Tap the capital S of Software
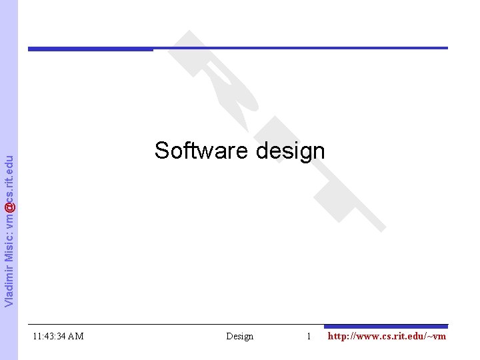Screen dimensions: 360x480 161,151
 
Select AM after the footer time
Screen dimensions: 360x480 75,336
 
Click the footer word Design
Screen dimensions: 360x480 240,336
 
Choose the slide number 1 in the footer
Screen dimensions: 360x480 309,336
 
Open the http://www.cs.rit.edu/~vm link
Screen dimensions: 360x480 387,336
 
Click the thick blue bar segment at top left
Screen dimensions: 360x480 90,49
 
